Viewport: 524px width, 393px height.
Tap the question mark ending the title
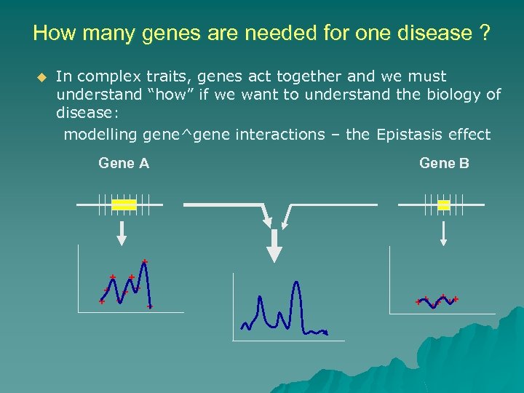coord(484,33)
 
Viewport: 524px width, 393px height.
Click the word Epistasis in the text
coord(408,135)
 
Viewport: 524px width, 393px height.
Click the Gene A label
coord(124,163)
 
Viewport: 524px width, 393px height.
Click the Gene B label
coord(444,163)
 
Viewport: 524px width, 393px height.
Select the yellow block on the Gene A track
coord(124,205)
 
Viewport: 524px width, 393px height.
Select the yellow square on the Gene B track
coord(444,205)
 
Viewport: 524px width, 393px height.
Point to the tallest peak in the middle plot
coord(295,284)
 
